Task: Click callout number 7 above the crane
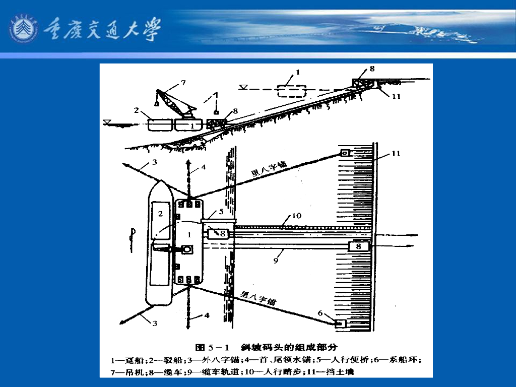point(183,82)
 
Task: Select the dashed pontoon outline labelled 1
point(291,91)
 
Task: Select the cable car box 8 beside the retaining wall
point(359,246)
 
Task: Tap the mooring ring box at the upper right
point(346,153)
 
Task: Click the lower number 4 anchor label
point(205,316)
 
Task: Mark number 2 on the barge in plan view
point(160,214)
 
